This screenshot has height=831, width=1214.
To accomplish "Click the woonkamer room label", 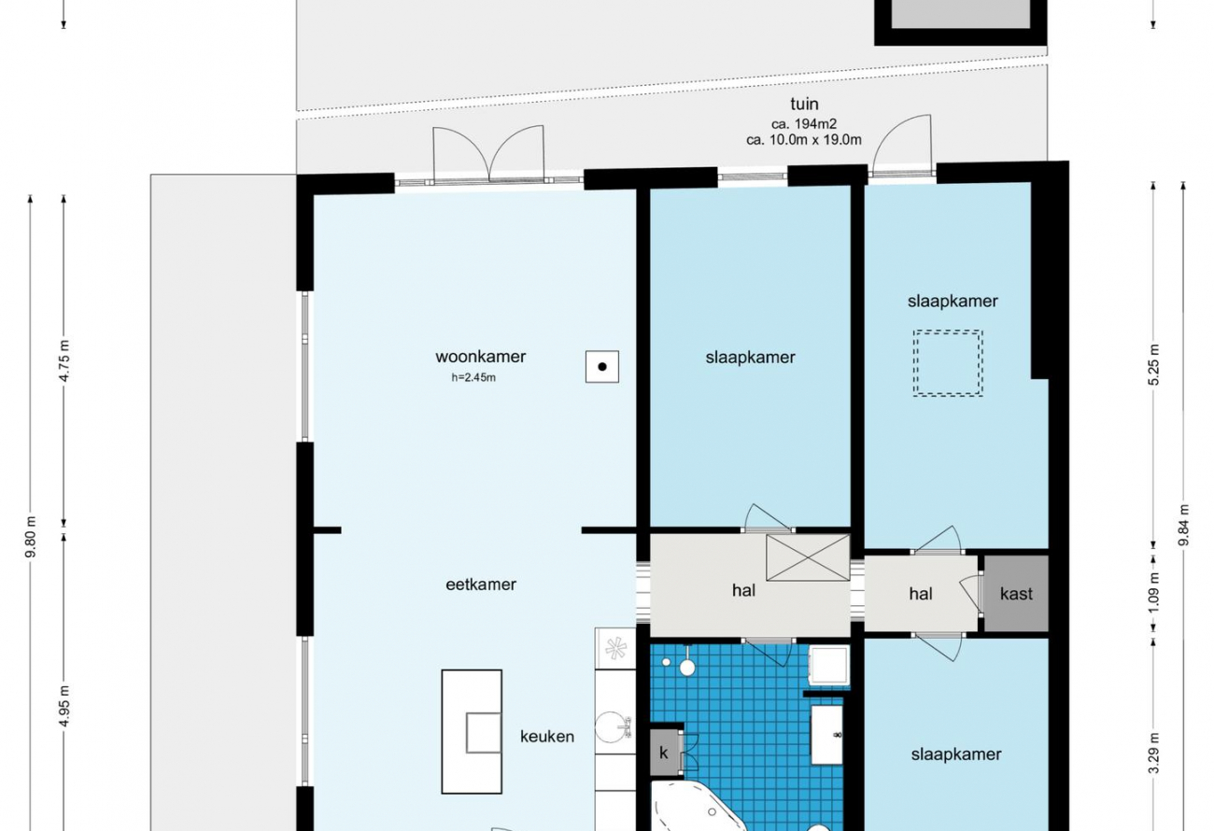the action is click(x=480, y=357).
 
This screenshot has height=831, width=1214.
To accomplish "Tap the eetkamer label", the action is click(x=481, y=585).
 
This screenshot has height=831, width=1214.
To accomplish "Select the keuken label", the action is click(x=547, y=737).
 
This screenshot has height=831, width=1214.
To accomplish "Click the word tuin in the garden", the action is click(x=804, y=104).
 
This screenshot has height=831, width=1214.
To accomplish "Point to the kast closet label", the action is click(x=1016, y=594).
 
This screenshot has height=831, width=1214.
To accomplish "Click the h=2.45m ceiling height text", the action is click(x=473, y=377).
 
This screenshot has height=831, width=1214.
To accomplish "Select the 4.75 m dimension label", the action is click(x=64, y=360).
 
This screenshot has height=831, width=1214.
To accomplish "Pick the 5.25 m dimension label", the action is click(x=1153, y=364).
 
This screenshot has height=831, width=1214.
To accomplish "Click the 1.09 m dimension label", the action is click(x=1153, y=593).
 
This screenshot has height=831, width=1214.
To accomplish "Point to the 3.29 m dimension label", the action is click(x=1153, y=753).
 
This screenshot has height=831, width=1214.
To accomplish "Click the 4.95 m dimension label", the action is click(x=64, y=707).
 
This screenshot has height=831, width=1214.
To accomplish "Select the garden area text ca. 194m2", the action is click(x=804, y=124).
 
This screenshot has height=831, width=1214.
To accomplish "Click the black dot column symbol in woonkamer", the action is click(x=602, y=367).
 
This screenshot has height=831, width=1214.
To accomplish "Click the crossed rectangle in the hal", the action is click(x=808, y=557).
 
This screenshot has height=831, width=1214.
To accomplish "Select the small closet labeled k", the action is click(x=663, y=753).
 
